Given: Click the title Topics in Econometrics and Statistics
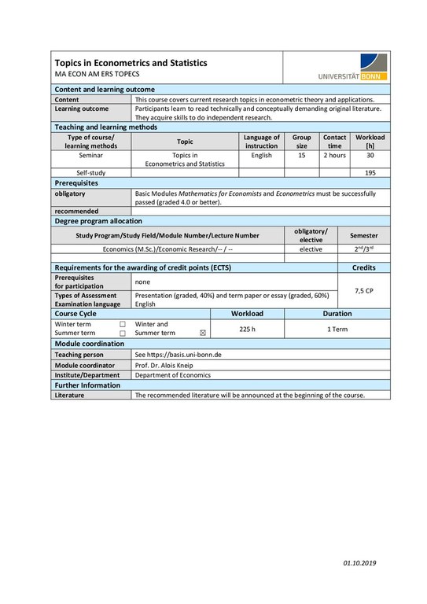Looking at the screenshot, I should click(131, 62).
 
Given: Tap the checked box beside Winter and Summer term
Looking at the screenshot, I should click(203, 333).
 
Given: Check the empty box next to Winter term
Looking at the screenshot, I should click(122, 324).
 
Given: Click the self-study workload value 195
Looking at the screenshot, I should click(370, 172).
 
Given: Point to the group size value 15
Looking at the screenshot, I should click(301, 156).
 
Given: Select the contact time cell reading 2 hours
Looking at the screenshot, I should click(334, 156).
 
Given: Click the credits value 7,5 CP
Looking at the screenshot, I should click(364, 290).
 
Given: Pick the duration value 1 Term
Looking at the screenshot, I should click(337, 329).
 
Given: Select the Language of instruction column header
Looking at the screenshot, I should click(261, 141).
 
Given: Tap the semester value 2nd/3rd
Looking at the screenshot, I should click(363, 249).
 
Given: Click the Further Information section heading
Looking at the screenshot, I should click(87, 385).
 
